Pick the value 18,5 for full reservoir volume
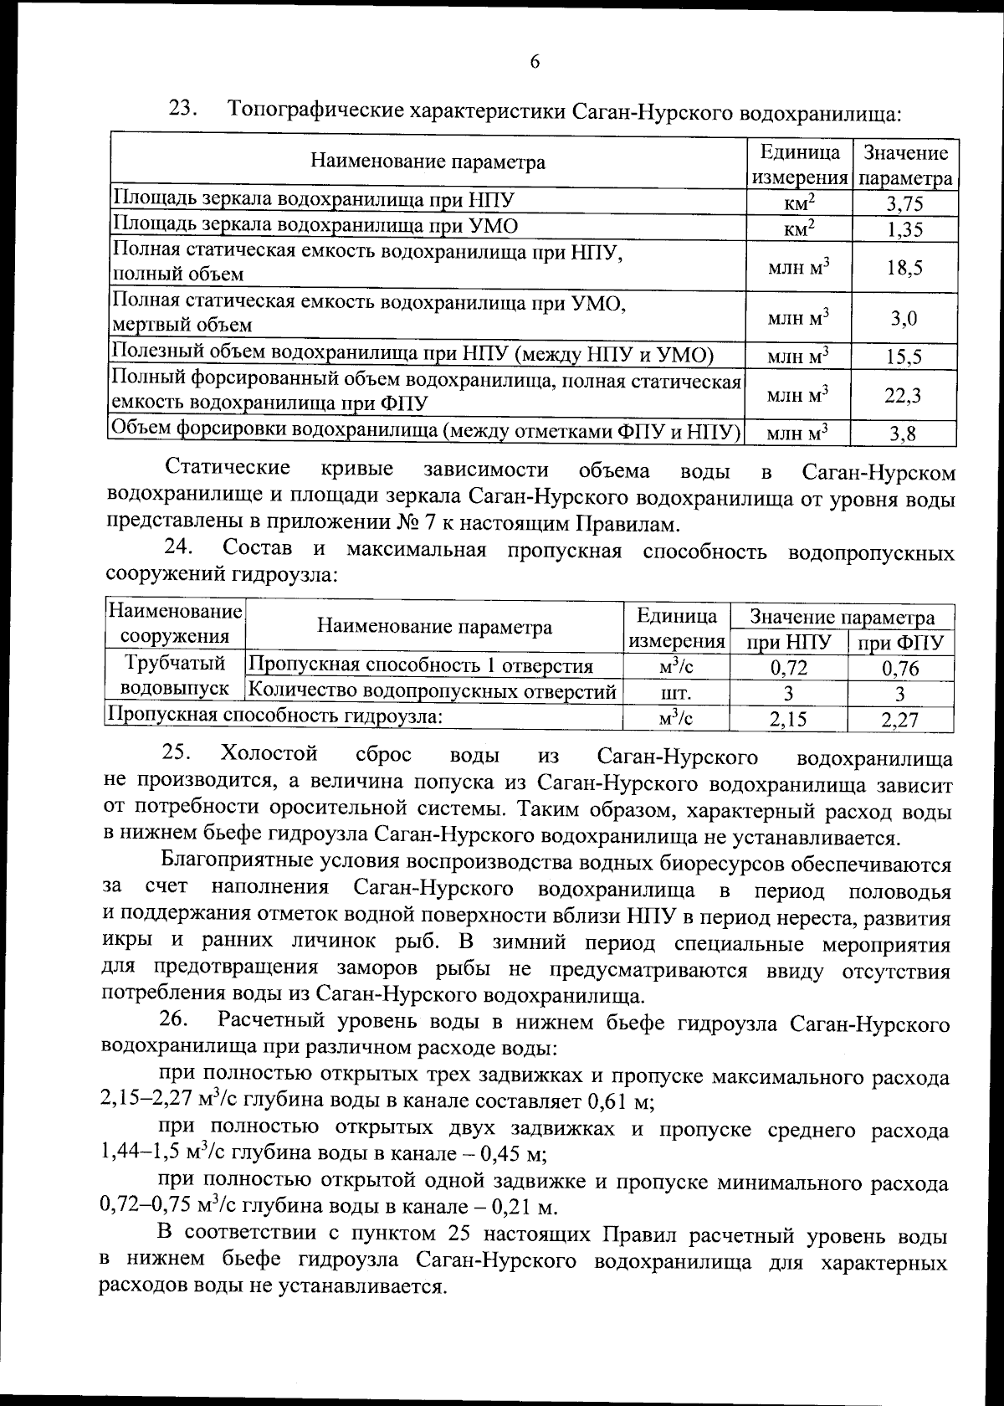coord(904,268)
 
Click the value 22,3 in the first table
coord(904,395)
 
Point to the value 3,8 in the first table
coord(904,433)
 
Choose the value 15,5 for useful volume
coord(904,357)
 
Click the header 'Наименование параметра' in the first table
coord(428,162)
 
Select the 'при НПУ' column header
coord(788,643)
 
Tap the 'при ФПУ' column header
coord(901,643)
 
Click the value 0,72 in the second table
coord(788,668)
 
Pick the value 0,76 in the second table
coord(900,668)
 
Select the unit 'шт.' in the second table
coord(676,694)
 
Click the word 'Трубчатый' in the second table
coord(175,664)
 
